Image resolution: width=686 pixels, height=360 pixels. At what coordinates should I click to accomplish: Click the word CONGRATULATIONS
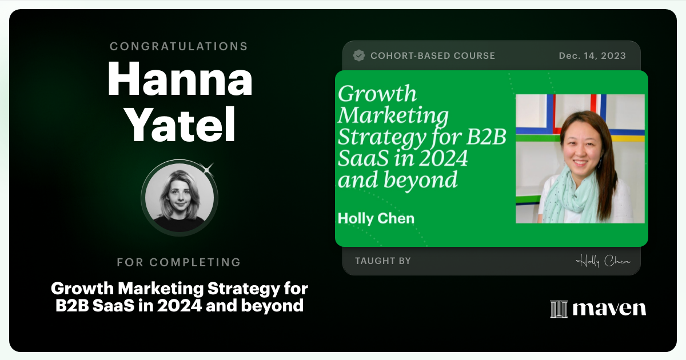(179, 46)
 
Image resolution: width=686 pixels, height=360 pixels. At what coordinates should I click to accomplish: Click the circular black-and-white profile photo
(179, 198)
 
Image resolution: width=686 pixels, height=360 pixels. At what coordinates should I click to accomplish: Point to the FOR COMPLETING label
(179, 262)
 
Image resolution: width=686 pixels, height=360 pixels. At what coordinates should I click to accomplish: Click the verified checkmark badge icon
(359, 55)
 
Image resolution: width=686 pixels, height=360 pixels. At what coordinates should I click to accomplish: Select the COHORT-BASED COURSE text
(433, 56)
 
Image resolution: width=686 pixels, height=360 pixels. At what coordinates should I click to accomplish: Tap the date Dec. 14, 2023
(592, 56)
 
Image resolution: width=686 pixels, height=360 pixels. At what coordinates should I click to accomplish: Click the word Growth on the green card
(377, 94)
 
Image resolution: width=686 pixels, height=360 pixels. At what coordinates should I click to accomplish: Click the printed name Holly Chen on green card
(376, 218)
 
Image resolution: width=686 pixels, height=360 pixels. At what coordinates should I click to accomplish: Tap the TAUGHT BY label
(383, 261)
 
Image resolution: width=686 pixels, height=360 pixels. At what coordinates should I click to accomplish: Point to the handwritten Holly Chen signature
(603, 261)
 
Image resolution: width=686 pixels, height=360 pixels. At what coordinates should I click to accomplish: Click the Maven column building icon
(559, 309)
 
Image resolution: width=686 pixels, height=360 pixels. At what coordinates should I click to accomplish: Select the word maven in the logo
(609, 309)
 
